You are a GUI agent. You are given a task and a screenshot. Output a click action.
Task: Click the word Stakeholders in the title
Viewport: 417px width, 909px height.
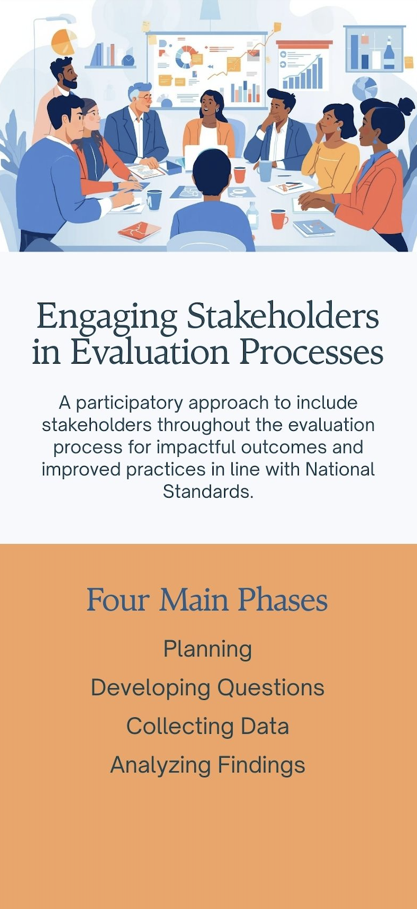point(282,316)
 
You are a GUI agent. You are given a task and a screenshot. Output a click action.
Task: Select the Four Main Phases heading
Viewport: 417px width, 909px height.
point(207,600)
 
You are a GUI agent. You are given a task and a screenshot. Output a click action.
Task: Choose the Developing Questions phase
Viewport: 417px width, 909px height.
point(207,688)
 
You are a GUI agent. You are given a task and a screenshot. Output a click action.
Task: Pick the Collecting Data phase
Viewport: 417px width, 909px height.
point(207,726)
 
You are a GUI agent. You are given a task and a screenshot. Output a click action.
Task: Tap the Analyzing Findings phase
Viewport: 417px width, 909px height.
point(207,765)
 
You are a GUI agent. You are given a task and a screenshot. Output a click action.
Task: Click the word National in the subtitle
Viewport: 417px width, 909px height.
point(340,469)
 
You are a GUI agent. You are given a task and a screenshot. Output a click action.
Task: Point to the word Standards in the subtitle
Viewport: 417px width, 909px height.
point(208,491)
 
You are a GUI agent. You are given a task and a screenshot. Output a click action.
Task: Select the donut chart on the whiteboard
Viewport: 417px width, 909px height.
point(187,57)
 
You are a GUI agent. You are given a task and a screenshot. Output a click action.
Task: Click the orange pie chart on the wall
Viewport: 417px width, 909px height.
point(64,42)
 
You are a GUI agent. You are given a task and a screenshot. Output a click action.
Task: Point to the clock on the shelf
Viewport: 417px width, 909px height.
point(128,61)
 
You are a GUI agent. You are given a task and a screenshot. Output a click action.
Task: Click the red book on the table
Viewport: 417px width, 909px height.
point(139,230)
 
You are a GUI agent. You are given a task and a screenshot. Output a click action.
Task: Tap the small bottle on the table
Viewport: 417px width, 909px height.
point(253,215)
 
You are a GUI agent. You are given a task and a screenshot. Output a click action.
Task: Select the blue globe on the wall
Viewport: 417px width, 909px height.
point(364,89)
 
